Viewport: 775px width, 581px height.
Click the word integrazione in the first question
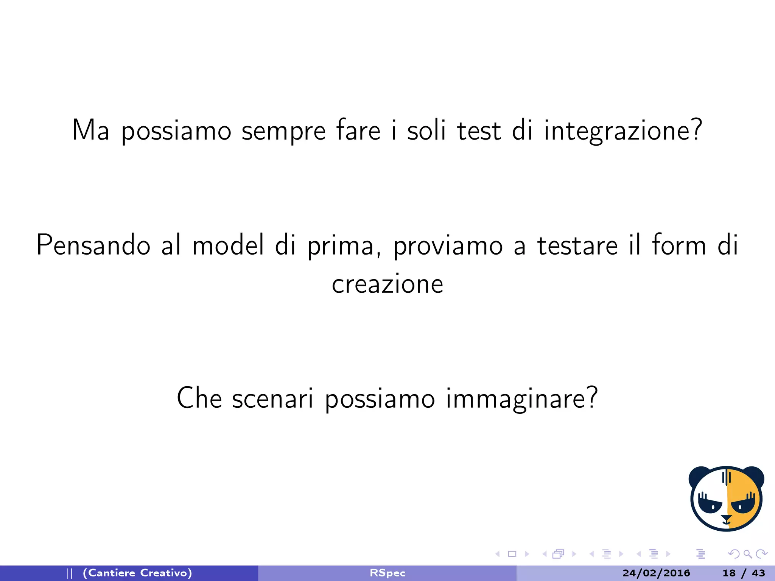623,130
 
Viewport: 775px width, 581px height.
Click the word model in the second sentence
228,245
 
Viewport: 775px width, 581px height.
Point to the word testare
577,245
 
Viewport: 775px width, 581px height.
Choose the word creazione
387,284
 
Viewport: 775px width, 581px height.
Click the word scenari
273,398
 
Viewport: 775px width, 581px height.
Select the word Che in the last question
199,398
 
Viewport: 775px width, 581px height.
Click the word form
679,245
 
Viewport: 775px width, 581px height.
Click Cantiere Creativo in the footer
137,573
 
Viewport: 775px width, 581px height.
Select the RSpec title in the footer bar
387,573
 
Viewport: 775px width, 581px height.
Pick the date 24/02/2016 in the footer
656,573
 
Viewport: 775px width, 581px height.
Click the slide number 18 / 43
744,573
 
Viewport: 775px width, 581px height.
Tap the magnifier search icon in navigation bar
747,554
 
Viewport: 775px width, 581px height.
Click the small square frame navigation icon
512,554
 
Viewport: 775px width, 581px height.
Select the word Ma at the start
91,130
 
